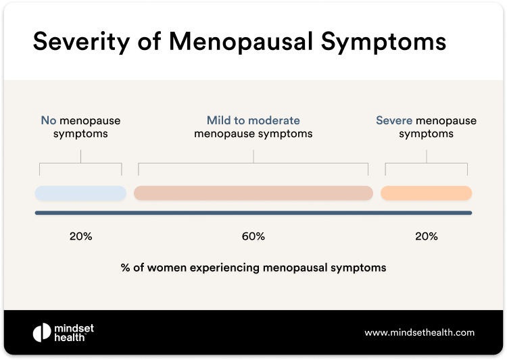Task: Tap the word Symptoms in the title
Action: pos(391,41)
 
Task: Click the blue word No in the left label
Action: pos(48,121)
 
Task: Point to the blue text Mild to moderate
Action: pos(253,121)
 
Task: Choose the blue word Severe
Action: pos(394,121)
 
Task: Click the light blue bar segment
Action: pos(80,193)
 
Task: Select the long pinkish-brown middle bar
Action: pos(254,193)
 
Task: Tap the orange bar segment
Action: pos(426,193)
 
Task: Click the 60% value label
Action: pos(254,236)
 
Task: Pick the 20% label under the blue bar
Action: pos(80,236)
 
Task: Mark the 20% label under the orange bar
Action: pos(426,236)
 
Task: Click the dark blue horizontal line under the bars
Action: pos(254,213)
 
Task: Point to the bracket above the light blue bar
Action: pos(80,163)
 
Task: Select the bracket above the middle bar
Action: pos(254,163)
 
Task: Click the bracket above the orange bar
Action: pos(426,163)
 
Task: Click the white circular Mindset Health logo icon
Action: pos(42,332)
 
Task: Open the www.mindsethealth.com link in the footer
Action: pos(419,332)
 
